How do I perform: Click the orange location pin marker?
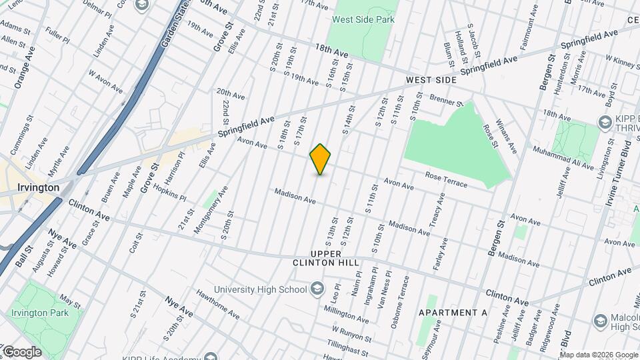(x=321, y=159)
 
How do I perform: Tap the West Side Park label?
(x=363, y=19)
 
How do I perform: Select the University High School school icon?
(x=317, y=289)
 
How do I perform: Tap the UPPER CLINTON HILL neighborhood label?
(x=317, y=258)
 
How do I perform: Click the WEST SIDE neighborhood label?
(x=431, y=80)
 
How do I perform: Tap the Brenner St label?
(x=446, y=102)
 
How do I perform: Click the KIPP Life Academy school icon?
(x=211, y=356)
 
